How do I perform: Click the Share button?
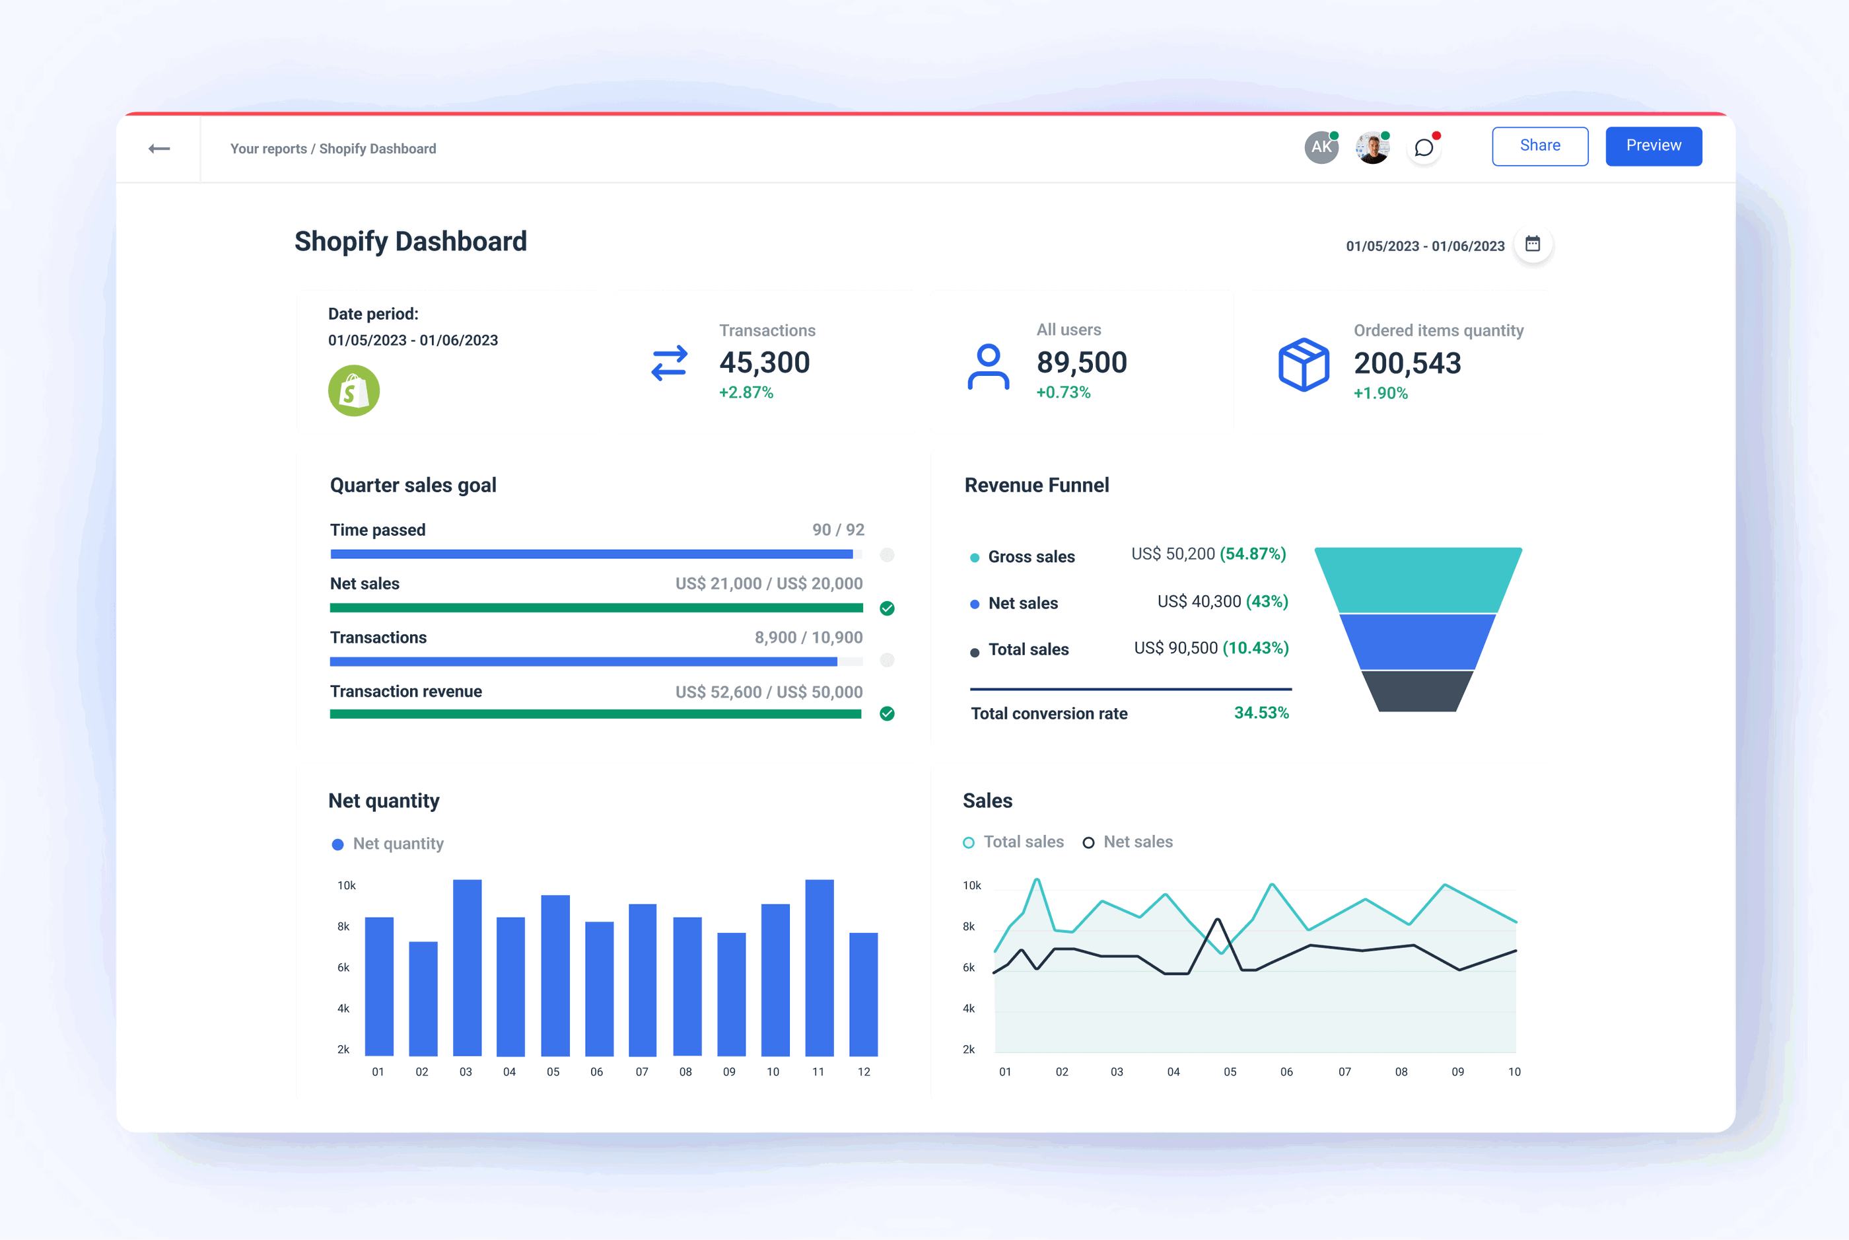coord(1539,145)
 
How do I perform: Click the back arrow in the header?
coord(159,149)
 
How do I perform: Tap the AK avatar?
coord(1320,147)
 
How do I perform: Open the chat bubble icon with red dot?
coord(1424,148)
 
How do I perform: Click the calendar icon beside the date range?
coord(1532,244)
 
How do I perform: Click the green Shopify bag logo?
coord(353,390)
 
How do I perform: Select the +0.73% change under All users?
coord(1063,392)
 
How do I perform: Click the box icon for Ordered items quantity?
coord(1303,365)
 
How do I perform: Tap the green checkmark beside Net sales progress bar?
coord(887,608)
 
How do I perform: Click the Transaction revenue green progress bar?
coord(594,714)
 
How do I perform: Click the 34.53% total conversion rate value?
coord(1261,713)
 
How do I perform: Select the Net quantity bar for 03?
coord(466,967)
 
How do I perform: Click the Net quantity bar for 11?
coord(819,967)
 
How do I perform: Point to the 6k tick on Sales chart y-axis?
coord(968,967)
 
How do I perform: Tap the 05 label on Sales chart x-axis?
coord(1229,1072)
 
